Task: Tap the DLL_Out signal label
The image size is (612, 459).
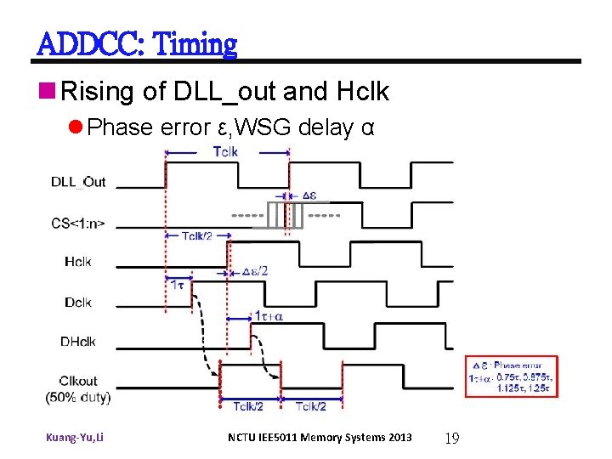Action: [x=78, y=182]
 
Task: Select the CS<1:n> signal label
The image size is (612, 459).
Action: [x=77, y=224]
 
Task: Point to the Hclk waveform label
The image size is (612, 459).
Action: [x=77, y=262]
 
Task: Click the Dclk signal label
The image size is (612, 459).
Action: [x=77, y=302]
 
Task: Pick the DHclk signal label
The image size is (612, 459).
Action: [x=77, y=342]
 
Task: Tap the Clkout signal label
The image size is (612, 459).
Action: [x=77, y=381]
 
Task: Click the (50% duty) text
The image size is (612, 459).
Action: [x=77, y=396]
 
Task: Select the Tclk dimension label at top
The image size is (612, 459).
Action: [x=225, y=152]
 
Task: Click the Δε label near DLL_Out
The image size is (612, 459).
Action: [x=309, y=194]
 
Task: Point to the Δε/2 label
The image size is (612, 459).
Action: [x=254, y=271]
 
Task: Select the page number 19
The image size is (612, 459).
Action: [x=452, y=439]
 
